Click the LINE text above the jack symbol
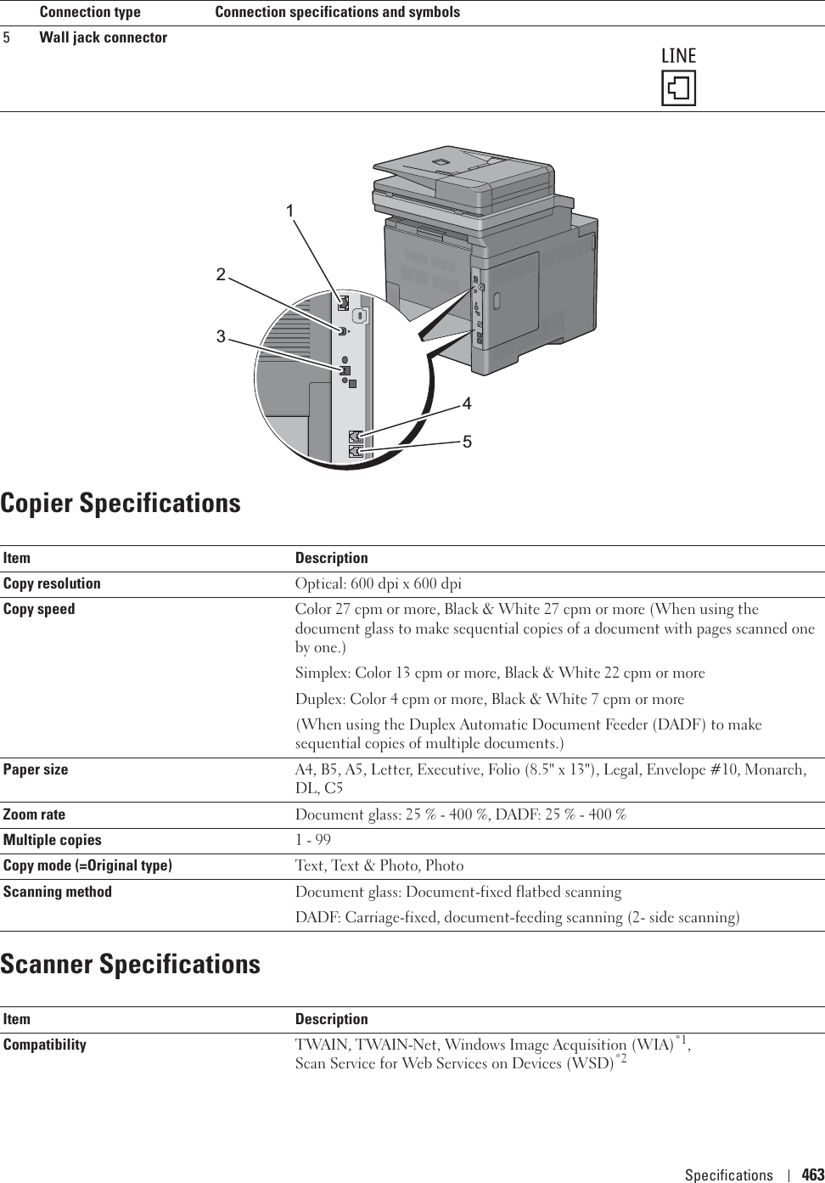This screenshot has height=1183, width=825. coord(677,56)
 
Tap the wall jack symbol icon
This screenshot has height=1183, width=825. coord(678,88)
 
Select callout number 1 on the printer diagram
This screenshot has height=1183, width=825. coord(290,210)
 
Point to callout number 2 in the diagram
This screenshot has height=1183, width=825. coord(221,274)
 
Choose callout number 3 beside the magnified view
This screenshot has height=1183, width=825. coord(221,337)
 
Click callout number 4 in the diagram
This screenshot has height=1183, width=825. coord(467,402)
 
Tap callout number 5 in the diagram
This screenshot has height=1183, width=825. coord(467,442)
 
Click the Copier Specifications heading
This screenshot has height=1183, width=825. coord(121,503)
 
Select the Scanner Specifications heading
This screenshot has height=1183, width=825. coord(131,964)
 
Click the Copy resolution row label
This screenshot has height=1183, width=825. coord(52,583)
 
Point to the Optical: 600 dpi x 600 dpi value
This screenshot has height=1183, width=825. coord(378,584)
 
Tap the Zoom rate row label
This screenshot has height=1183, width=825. coord(34,814)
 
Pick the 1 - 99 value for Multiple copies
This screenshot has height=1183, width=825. coord(312,840)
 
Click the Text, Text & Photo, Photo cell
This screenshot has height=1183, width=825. coord(379,866)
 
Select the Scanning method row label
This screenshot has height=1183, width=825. coord(57,892)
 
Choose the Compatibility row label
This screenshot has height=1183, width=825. coord(44,1044)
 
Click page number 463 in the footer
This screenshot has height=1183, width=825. coord(812,1175)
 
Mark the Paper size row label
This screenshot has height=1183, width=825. coord(36,769)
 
